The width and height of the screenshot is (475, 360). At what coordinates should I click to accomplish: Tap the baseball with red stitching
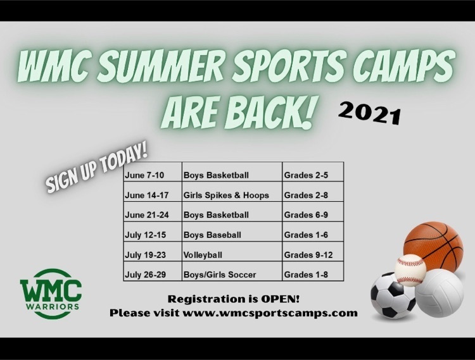tap(410, 270)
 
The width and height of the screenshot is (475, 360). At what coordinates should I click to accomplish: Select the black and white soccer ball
tap(393, 295)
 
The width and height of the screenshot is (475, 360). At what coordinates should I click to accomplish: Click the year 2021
tap(370, 113)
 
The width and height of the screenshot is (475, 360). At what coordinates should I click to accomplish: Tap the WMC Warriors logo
tap(51, 294)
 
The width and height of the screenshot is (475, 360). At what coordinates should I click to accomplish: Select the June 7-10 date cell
tap(153, 172)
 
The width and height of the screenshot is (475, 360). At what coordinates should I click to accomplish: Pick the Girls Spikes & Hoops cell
tap(232, 192)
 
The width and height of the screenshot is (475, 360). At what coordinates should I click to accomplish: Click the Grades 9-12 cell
tap(313, 251)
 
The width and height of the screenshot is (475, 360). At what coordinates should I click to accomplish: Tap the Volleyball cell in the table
tap(232, 251)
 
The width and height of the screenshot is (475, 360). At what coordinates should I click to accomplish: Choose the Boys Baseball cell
tap(232, 232)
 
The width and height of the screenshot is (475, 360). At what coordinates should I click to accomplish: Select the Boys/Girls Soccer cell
tap(232, 271)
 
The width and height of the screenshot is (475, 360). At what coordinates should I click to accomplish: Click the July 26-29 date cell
tap(153, 271)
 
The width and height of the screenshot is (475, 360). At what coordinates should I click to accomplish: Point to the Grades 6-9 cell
tap(313, 212)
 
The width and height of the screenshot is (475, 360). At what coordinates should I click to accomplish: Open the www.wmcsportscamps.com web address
tap(270, 313)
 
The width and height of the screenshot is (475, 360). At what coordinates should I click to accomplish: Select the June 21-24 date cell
tap(153, 212)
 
